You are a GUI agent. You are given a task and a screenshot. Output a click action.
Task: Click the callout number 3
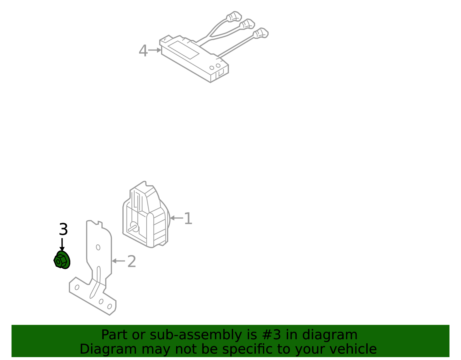click(63, 229)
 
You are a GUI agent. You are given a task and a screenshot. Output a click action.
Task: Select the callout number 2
click(132, 261)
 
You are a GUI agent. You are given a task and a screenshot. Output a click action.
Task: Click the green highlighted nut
click(62, 260)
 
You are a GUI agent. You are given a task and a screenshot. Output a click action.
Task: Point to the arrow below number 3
click(62, 244)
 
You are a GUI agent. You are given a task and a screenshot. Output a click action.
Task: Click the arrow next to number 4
click(154, 50)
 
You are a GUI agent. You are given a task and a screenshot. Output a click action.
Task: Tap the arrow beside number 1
click(177, 218)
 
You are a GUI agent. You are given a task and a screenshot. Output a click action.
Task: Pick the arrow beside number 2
click(118, 261)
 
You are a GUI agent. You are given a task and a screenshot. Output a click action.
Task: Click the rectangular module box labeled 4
click(194, 59)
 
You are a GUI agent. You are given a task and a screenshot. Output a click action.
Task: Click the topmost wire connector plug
click(234, 16)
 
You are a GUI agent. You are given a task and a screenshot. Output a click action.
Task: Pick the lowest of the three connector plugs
click(261, 33)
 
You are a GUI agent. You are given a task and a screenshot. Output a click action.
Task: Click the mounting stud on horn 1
click(133, 227)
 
